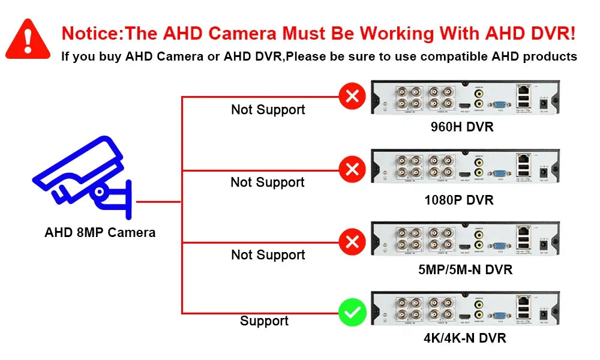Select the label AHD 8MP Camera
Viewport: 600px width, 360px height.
pos(100,233)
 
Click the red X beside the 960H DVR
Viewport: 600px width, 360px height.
pos(352,96)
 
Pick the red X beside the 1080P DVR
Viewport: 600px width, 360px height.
pos(352,169)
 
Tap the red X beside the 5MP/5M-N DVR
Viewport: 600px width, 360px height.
pos(352,242)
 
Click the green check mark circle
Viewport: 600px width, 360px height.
pos(352,313)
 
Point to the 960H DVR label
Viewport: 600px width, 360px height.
pos(462,127)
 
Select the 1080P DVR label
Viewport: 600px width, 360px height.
pos(459,200)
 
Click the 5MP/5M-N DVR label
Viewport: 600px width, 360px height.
pos(466,269)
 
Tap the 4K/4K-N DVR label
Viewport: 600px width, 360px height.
pos(465,338)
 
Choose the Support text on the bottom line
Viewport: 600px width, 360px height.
pos(264,321)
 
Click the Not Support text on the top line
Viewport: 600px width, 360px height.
pos(268,110)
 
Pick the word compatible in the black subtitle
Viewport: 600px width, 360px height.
pos(455,57)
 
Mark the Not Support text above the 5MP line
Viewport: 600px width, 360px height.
pos(268,255)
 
